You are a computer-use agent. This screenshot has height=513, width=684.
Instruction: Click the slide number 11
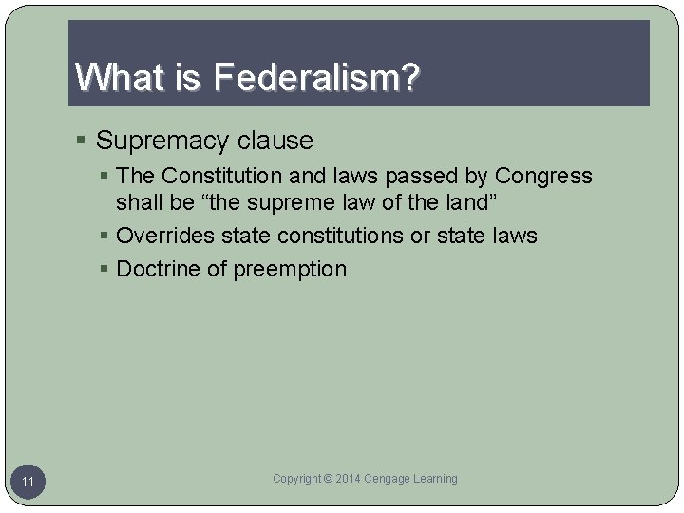point(28,483)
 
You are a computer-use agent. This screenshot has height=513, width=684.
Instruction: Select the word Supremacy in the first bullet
point(159,142)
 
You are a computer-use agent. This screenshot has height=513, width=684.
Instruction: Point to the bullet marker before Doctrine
point(105,270)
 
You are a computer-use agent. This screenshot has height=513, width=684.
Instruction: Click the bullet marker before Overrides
point(105,237)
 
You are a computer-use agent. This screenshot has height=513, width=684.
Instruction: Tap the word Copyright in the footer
point(297,479)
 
